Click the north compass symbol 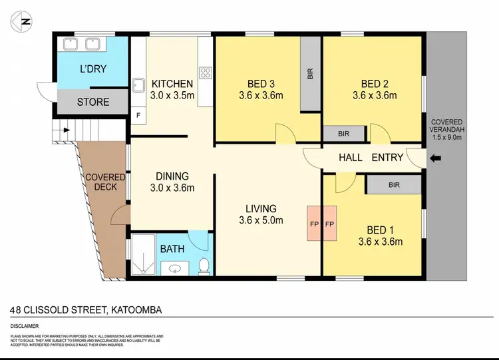pyautogui.click(x=21, y=21)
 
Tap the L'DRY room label pyautogui.click(x=92, y=69)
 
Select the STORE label pyautogui.click(x=93, y=102)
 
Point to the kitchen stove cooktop pyautogui.click(x=206, y=74)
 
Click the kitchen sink pyautogui.click(x=138, y=85)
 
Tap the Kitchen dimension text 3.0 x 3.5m pyautogui.click(x=172, y=96)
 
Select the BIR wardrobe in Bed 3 pyautogui.click(x=310, y=73)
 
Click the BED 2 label pyautogui.click(x=375, y=84)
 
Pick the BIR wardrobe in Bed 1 pyautogui.click(x=393, y=185)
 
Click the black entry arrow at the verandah pyautogui.click(x=436, y=158)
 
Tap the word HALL pyautogui.click(x=351, y=157)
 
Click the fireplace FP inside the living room pyautogui.click(x=314, y=224)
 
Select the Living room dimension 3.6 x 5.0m pyautogui.click(x=261, y=220)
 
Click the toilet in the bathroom pyautogui.click(x=204, y=266)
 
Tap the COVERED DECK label pyautogui.click(x=104, y=182)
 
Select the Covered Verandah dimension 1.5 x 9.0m pyautogui.click(x=446, y=137)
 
